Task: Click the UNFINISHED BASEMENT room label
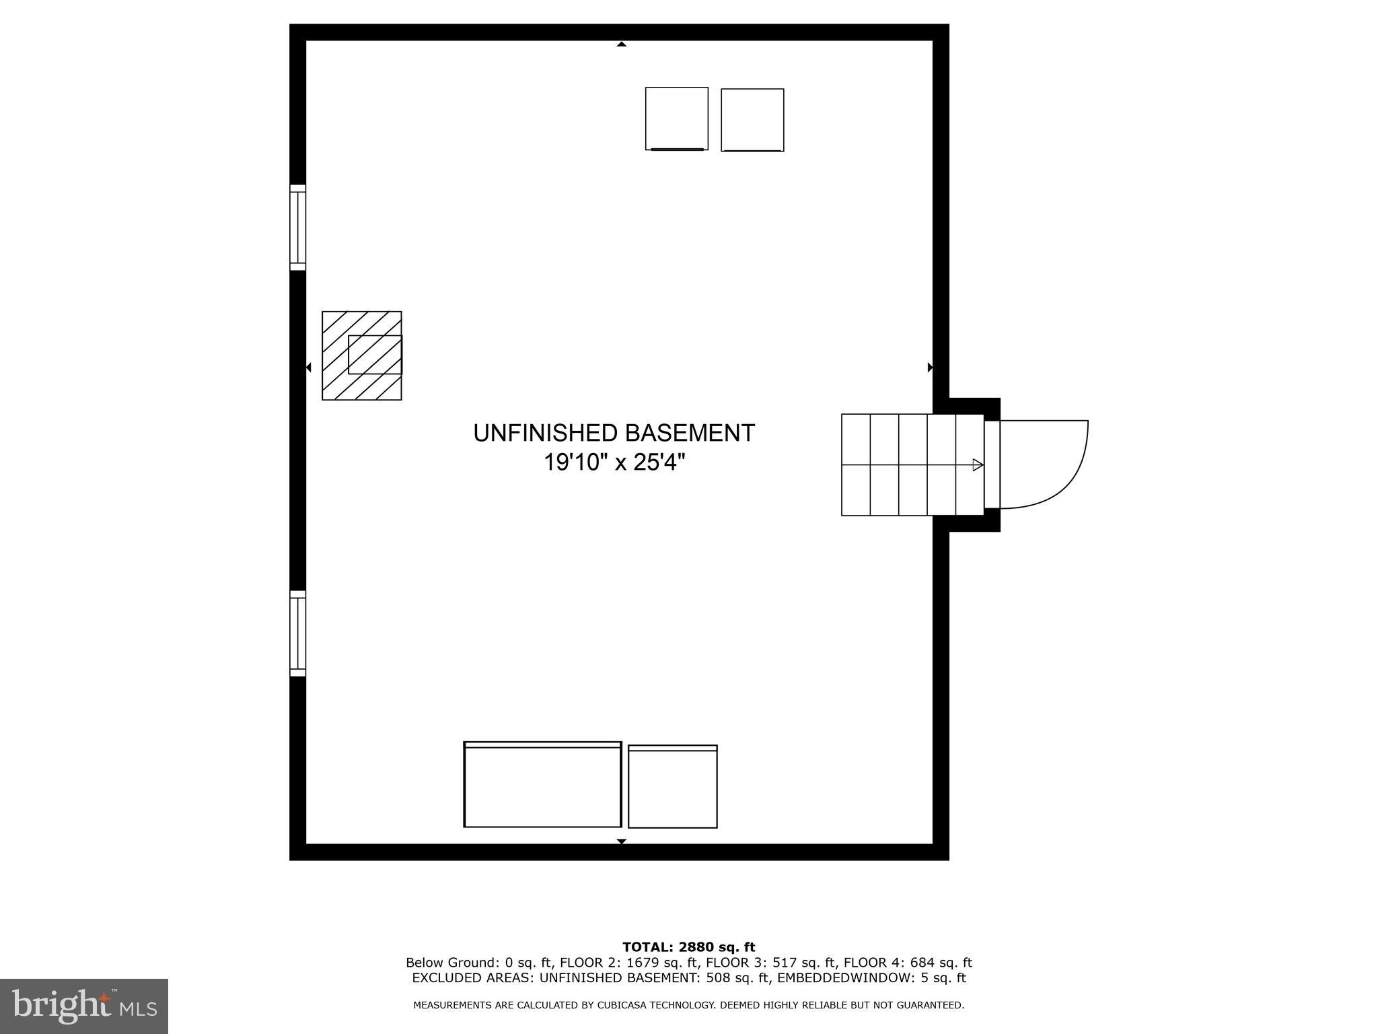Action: (x=614, y=433)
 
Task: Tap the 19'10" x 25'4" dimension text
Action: (x=614, y=462)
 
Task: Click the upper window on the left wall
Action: (x=297, y=228)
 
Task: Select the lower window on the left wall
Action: (x=297, y=633)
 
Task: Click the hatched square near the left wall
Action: (x=361, y=355)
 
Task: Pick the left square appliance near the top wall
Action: (x=676, y=118)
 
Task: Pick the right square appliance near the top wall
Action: (x=752, y=120)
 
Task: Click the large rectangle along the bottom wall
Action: (x=542, y=784)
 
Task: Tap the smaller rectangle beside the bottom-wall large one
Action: (x=672, y=786)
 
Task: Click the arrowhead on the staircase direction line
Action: (x=978, y=464)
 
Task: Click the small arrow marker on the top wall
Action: (x=622, y=44)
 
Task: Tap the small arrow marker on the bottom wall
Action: (x=622, y=841)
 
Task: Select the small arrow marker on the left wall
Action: (x=309, y=368)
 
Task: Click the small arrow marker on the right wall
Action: (x=930, y=368)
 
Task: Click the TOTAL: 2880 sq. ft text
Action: (x=688, y=948)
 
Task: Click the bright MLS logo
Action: (x=84, y=1006)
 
